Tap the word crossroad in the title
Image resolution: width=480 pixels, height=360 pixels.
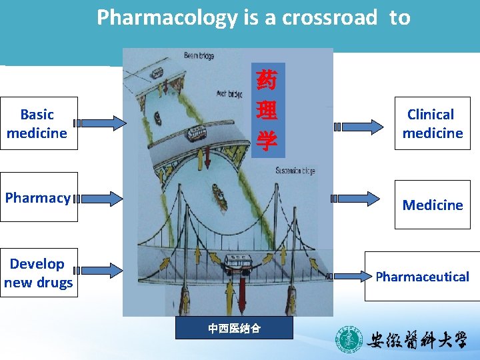click(x=329, y=18)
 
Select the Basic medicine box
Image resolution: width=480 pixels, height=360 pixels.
click(x=38, y=124)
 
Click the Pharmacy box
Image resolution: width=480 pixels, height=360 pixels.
click(x=38, y=197)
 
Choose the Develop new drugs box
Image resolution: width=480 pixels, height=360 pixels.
click(x=38, y=273)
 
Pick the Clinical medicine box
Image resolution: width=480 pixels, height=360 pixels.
click(x=432, y=124)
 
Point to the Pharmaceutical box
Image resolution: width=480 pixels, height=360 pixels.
click(x=422, y=276)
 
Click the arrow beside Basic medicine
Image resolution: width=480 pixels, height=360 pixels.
click(x=99, y=123)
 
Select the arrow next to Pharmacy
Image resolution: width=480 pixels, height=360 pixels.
click(x=99, y=198)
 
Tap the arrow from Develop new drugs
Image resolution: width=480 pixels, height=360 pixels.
click(x=99, y=271)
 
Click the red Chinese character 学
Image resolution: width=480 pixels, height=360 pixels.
click(x=267, y=141)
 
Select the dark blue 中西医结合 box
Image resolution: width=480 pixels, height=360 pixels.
click(x=234, y=328)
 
